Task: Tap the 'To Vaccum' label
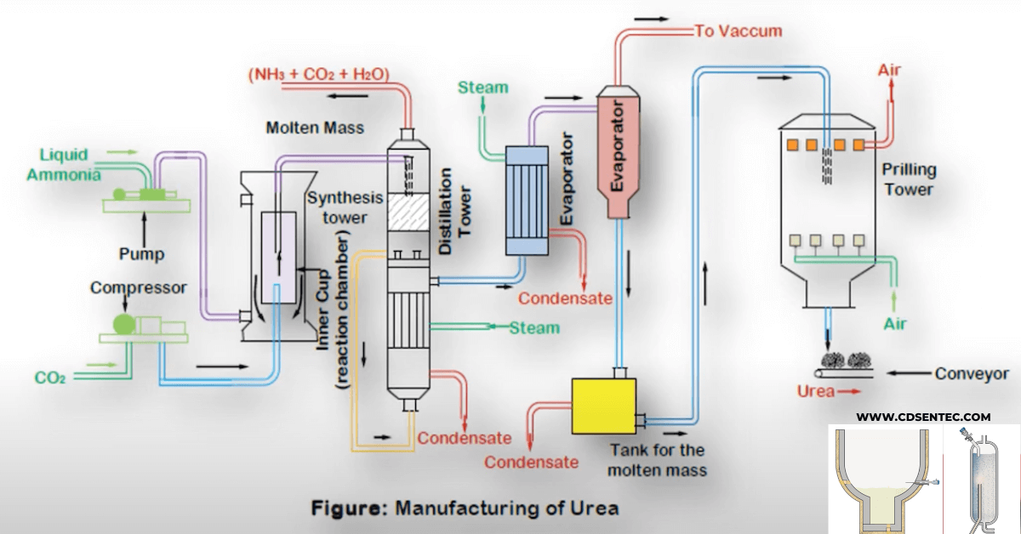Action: pos(738,32)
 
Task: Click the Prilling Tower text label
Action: pos(909,179)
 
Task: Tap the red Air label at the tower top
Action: pos(889,71)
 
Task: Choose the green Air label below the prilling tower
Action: pos(895,324)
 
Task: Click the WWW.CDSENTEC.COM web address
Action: pos(923,417)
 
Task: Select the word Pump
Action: pos(141,253)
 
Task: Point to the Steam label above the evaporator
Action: pos(483,88)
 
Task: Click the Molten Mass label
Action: pos(315,128)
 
